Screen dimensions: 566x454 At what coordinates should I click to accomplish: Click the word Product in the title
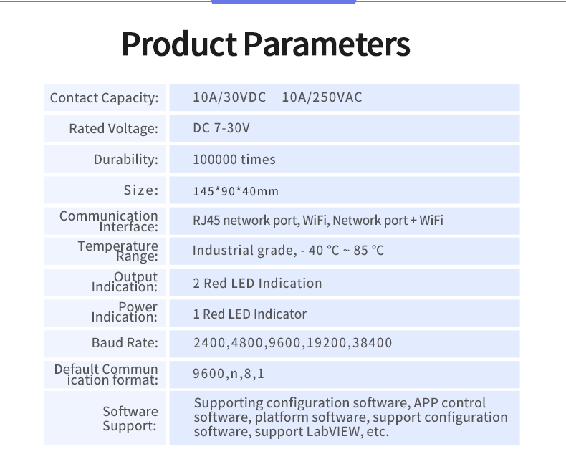point(178,44)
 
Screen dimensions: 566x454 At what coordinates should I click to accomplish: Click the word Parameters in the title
point(327,44)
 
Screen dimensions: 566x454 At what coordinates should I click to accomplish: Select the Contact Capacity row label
point(104,98)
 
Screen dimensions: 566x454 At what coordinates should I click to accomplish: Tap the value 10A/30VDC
point(229,97)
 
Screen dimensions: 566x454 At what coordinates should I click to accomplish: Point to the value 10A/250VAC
point(322,97)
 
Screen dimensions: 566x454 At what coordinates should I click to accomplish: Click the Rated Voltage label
point(113,129)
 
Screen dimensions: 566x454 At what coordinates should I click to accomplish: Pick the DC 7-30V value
point(221,129)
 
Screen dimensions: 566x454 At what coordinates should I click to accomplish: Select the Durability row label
point(125,160)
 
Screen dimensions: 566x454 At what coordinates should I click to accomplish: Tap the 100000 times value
point(234,160)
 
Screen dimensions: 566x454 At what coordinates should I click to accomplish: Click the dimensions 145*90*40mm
point(236,191)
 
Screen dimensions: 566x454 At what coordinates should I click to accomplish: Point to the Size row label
point(140,190)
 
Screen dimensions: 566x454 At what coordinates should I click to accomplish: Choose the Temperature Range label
point(117,251)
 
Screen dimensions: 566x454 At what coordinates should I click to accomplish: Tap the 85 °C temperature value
point(365,251)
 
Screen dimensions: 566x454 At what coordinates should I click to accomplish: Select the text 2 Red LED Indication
point(257,283)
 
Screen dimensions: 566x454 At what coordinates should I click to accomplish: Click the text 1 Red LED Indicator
point(249,314)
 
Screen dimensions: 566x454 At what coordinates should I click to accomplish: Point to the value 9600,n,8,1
point(229,374)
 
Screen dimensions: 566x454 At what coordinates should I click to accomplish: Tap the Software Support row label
point(130,418)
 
